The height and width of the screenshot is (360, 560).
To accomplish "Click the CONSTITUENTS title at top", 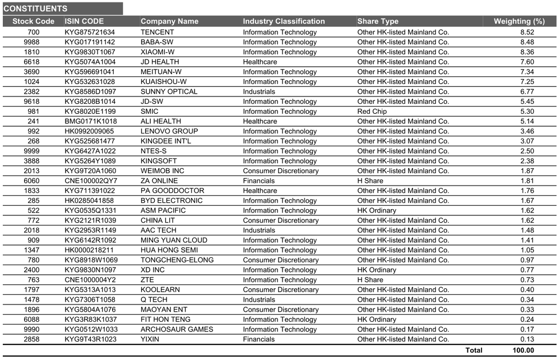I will point(35,8).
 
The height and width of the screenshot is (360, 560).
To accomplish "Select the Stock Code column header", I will point(33,21).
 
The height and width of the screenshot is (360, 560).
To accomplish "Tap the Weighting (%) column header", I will point(519,21).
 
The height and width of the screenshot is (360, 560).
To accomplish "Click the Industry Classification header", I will point(284,21).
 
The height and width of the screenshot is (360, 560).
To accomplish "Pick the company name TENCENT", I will point(157,32).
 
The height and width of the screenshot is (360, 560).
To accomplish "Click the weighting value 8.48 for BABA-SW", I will point(527,42).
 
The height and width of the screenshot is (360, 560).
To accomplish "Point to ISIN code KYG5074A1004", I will point(90,62).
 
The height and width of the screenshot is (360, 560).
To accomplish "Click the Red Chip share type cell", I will point(372,112).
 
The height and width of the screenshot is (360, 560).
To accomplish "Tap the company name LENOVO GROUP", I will point(169,131).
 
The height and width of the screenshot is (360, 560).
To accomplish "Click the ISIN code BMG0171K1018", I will point(91,121).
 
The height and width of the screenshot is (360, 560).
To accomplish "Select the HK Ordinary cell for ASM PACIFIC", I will point(377,210).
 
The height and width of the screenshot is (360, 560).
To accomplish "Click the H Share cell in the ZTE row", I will point(371,280).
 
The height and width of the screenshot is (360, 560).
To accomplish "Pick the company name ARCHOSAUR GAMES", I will point(177,329).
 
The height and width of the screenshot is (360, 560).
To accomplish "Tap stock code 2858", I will point(32,339).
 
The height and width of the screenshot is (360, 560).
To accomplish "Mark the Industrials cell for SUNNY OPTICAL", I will point(259,91).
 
